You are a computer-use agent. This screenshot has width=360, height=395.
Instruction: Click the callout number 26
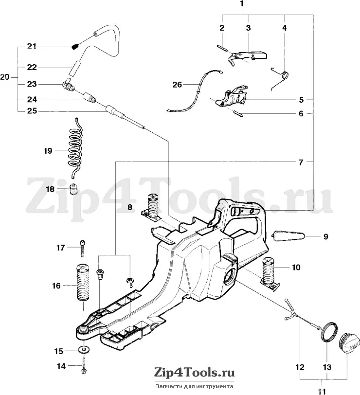click(177, 84)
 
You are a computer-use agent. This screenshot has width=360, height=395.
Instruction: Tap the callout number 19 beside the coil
click(48, 151)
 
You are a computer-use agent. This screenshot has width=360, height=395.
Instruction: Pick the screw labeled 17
click(83, 248)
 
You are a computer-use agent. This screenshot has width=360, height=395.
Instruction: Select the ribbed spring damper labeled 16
click(83, 283)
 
